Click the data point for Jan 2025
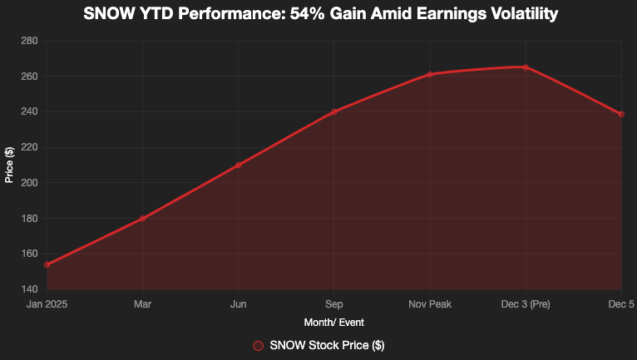tap(47, 264)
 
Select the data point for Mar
tap(143, 219)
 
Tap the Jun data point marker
tap(239, 165)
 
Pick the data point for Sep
tap(334, 112)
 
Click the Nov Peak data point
tap(430, 75)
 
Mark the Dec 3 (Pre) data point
tap(526, 67)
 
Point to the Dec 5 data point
tap(621, 114)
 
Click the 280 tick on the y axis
tap(29, 41)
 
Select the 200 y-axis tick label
tap(29, 183)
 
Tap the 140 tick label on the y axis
tap(29, 289)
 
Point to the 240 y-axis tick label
tap(29, 112)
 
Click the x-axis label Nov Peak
tap(430, 304)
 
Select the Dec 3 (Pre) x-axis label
tap(526, 304)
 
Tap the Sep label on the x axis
tap(334, 304)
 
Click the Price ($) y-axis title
tap(9, 165)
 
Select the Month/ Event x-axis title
tap(334, 322)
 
